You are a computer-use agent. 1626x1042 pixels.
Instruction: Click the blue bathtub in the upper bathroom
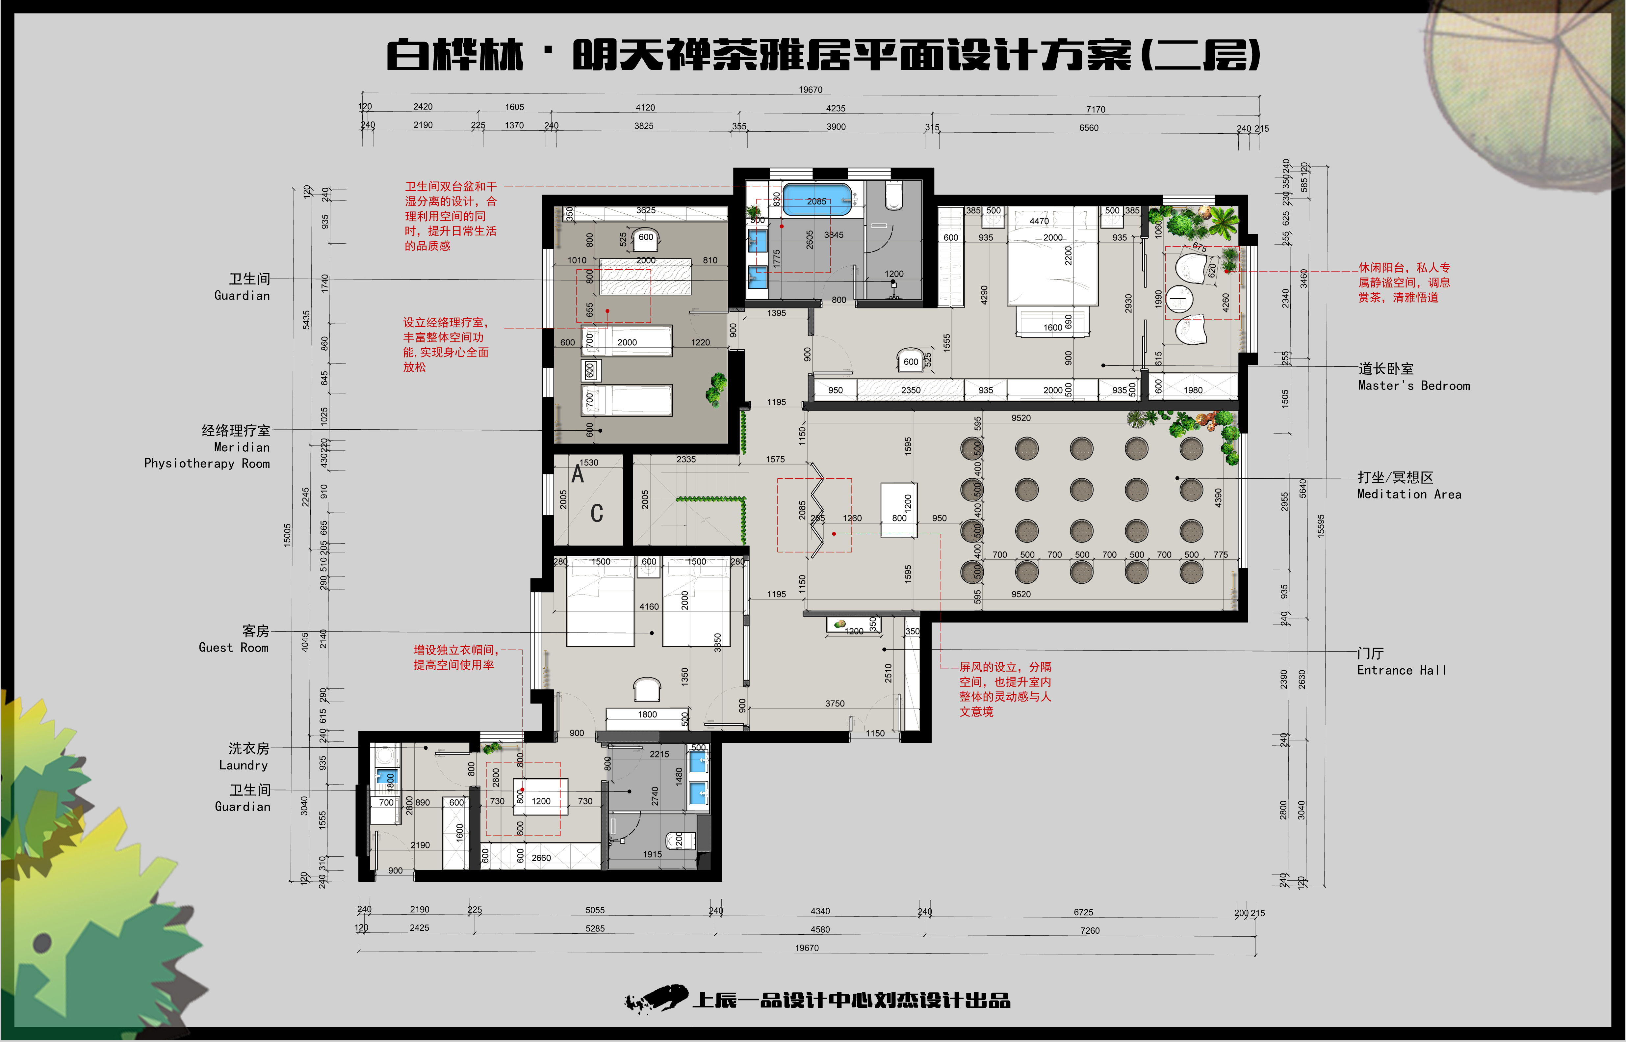click(x=816, y=200)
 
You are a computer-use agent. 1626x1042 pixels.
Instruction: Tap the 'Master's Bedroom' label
click(x=1414, y=386)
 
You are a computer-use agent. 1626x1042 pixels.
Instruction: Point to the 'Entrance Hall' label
click(x=1402, y=670)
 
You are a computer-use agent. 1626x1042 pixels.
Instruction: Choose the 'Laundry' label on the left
click(x=244, y=765)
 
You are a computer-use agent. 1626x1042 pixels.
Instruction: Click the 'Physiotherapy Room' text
click(x=207, y=464)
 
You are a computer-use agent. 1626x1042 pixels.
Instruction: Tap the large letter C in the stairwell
click(x=597, y=514)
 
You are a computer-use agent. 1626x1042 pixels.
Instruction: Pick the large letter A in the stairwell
click(x=578, y=474)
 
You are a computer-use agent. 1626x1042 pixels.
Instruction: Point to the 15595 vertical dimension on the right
click(x=1321, y=526)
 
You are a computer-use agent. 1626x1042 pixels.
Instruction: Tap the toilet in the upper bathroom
click(x=893, y=196)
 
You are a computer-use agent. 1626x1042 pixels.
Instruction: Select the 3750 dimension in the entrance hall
click(x=835, y=704)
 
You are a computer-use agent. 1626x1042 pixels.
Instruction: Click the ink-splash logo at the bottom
click(x=656, y=999)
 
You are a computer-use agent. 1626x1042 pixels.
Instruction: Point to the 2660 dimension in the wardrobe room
click(x=541, y=858)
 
